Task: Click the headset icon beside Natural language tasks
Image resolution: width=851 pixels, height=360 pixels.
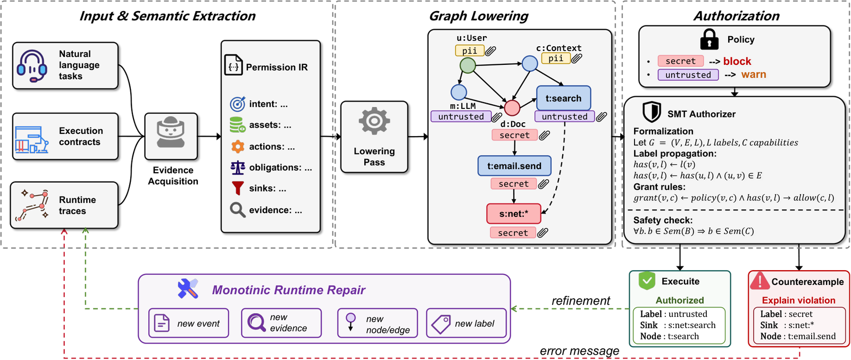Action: point(32,65)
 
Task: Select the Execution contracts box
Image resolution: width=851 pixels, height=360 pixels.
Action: point(65,136)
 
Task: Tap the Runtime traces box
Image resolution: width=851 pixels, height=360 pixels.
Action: point(64,205)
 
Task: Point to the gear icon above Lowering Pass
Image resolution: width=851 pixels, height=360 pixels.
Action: point(374,121)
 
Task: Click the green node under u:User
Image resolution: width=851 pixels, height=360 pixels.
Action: point(468,65)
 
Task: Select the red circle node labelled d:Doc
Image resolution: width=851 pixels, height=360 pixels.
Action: point(512,108)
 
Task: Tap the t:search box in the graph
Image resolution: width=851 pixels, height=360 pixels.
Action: point(563,98)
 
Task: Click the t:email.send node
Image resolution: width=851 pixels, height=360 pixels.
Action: point(514,166)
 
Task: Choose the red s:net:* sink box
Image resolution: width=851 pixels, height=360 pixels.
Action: point(514,214)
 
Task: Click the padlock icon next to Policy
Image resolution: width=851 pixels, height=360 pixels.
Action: point(709,39)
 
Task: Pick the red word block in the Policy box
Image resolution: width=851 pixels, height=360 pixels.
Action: point(737,61)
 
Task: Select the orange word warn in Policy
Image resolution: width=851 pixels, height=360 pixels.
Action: point(753,74)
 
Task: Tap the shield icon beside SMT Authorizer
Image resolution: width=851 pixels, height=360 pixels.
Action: point(652,112)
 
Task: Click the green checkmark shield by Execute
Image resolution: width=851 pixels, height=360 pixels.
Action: point(647,281)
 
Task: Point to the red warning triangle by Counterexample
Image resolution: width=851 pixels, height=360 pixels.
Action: point(760,281)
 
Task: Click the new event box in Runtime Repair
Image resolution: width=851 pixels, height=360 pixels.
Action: point(188,323)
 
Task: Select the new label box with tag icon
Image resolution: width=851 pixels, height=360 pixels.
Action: point(466,323)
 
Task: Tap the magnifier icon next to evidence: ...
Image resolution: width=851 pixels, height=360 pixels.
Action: point(237,210)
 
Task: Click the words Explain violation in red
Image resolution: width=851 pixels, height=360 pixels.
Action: point(798,300)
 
